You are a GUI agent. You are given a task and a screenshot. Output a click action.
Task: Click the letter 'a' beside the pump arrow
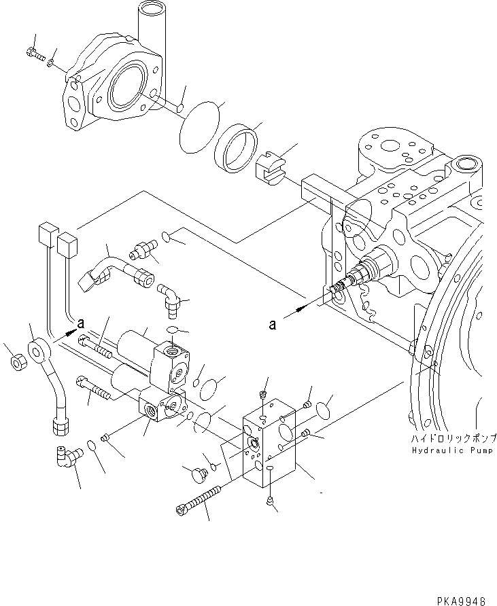(273, 325)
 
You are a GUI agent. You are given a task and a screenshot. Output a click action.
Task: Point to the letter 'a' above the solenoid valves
(82, 323)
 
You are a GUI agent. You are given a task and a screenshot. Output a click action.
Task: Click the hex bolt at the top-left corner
(33, 52)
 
